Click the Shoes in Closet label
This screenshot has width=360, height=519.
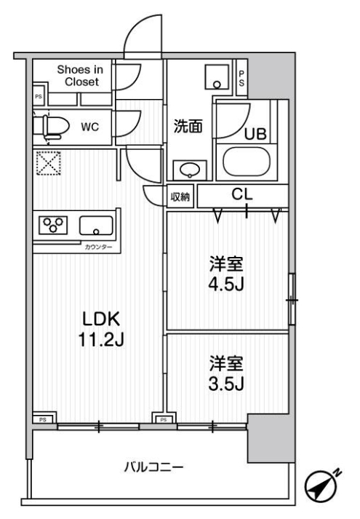point(81,76)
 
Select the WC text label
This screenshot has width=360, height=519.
point(89,127)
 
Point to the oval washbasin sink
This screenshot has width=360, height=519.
point(189,170)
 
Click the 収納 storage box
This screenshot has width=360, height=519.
point(181,197)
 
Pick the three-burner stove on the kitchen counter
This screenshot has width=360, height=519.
point(51,225)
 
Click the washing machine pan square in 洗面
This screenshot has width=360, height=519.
point(216,76)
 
